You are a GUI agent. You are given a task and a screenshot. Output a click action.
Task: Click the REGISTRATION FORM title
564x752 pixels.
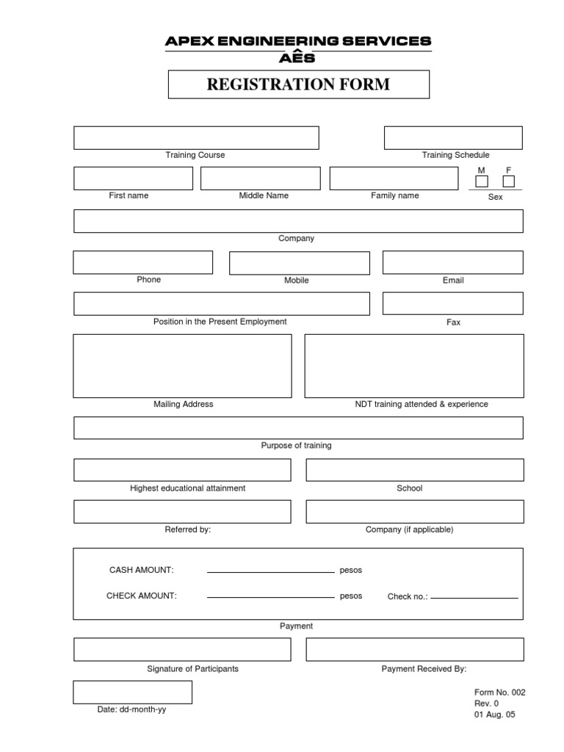[x=298, y=84]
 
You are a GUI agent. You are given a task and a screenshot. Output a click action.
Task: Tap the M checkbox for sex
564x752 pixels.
[x=482, y=181]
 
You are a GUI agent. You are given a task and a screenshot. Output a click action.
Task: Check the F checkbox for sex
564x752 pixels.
[x=508, y=181]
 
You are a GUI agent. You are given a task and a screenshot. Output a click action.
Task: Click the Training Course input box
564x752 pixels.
[x=196, y=138]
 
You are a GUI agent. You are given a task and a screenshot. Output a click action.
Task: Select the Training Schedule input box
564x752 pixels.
[x=453, y=138]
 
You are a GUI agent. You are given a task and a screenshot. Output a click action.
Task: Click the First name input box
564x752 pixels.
[x=133, y=178]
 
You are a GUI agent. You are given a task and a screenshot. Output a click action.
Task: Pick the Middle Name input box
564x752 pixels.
[x=260, y=178]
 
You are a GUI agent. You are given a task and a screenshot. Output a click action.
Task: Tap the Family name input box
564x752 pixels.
[x=393, y=178]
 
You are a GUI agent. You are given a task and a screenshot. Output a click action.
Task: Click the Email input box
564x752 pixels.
[x=453, y=262]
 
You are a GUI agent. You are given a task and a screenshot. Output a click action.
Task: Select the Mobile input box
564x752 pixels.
[x=289, y=263]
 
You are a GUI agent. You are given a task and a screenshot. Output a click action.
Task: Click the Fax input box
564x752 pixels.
[x=453, y=303]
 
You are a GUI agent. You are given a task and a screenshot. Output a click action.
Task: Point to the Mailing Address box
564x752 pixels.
[x=182, y=366]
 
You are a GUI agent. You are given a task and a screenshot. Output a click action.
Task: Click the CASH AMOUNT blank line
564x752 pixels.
[x=270, y=571]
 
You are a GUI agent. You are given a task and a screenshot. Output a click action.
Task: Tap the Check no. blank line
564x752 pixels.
[x=474, y=597]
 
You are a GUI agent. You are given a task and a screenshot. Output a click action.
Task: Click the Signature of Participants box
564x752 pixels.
[x=182, y=649]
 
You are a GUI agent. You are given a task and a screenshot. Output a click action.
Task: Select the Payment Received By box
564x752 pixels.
[x=415, y=649]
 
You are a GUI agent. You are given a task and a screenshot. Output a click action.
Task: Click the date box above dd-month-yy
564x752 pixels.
[x=133, y=692]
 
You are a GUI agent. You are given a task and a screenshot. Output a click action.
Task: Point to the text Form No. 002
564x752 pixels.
[x=499, y=693]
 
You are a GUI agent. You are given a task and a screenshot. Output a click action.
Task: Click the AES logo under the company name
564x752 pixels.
[x=298, y=57]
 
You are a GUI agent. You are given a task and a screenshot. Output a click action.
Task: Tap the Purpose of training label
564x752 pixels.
[x=296, y=446]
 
